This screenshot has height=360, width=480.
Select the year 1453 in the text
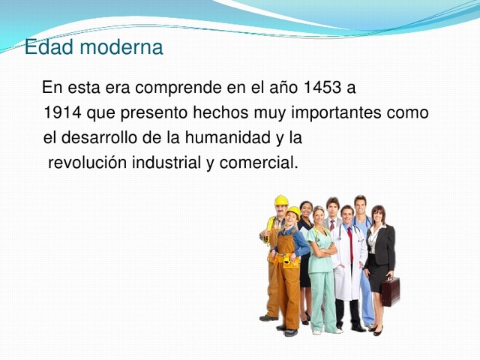tap(322, 88)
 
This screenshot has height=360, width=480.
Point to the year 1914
tap(62, 113)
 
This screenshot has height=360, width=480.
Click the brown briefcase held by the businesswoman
tap(390, 291)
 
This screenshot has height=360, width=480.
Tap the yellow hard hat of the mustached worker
tap(281, 200)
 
